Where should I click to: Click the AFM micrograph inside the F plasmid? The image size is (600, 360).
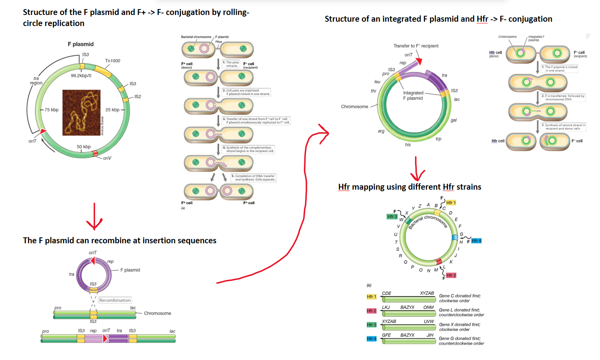click(x=82, y=113)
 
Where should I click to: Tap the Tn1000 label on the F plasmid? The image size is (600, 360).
click(x=112, y=61)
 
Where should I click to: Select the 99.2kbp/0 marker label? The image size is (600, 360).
click(x=81, y=76)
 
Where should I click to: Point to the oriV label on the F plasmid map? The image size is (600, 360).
click(x=107, y=158)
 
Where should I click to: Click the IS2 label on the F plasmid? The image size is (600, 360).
click(x=138, y=97)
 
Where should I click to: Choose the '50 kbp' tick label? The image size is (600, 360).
click(x=84, y=147)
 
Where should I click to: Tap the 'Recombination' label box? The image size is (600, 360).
click(x=115, y=300)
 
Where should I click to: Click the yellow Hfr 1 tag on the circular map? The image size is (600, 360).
click(x=451, y=203)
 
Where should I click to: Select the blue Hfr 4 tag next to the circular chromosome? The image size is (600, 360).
click(x=476, y=241)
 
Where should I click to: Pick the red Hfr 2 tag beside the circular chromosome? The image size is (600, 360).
click(x=451, y=275)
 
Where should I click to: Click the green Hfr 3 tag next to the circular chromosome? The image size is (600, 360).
click(x=392, y=216)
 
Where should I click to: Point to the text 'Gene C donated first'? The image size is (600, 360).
click(x=460, y=296)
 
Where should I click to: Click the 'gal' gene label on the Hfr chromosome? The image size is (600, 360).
click(x=453, y=120)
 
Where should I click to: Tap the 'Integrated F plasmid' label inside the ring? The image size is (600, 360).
click(x=413, y=95)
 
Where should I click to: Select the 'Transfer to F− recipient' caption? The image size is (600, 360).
click(x=416, y=46)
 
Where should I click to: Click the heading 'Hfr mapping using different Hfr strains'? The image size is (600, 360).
click(x=409, y=187)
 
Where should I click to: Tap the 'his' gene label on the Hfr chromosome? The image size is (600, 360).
click(x=408, y=145)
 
